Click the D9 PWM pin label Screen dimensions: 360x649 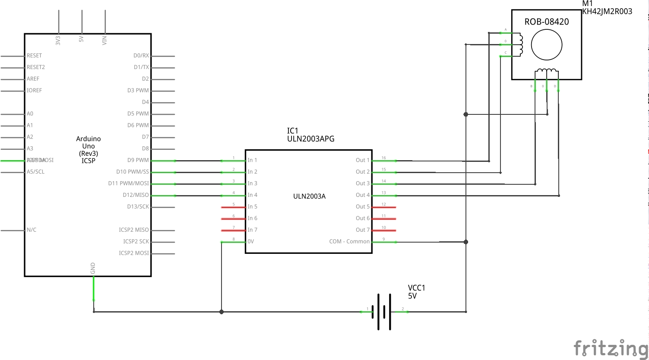[138, 160]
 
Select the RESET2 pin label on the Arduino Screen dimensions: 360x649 [36, 67]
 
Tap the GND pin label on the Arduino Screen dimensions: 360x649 [93, 268]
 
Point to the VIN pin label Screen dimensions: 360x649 [104, 41]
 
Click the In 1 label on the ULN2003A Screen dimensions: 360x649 [252, 160]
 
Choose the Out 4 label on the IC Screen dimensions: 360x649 [362, 195]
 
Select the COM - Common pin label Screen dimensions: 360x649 [349, 242]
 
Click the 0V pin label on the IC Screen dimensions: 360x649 [250, 242]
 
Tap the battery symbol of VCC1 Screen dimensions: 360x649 [384, 312]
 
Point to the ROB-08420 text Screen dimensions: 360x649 [546, 22]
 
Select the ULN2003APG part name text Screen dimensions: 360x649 [310, 139]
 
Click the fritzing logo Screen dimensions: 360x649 [611, 348]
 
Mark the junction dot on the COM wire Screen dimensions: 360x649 [466, 242]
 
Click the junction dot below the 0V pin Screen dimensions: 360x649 [222, 312]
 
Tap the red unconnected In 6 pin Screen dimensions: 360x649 [233, 219]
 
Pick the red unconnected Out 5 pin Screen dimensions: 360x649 [384, 207]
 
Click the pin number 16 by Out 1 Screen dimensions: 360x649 [383, 158]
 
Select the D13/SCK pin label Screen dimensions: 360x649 [138, 207]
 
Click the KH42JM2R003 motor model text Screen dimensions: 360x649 [607, 12]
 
